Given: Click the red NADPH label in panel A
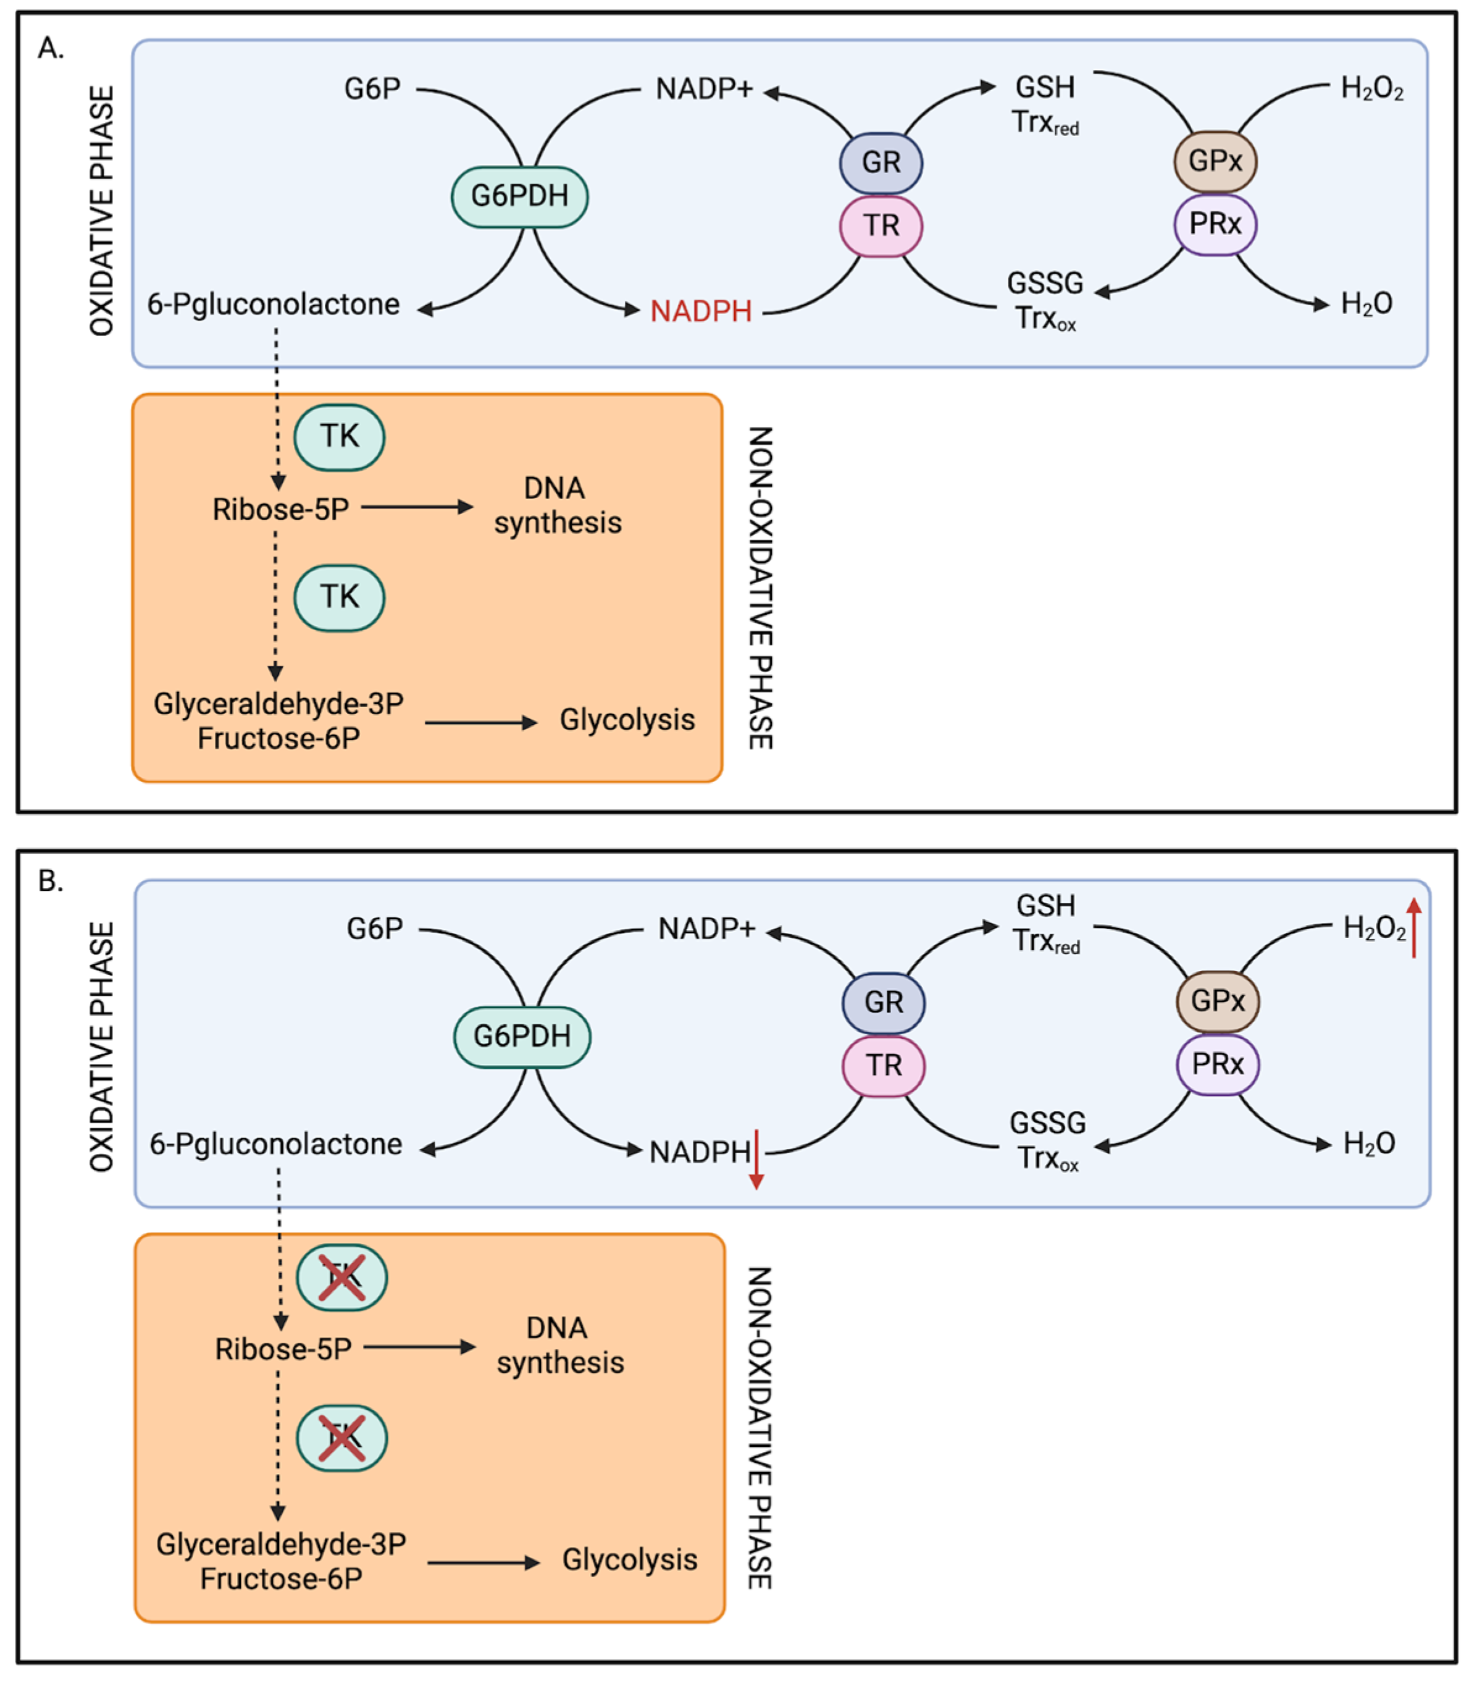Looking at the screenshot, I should tap(701, 311).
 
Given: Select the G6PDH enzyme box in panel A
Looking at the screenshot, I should tap(520, 197).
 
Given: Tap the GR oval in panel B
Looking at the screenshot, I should tap(884, 1002).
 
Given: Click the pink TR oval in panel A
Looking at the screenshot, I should tap(881, 225).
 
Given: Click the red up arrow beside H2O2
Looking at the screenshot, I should tap(1414, 927).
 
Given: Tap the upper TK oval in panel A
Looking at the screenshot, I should tap(340, 437).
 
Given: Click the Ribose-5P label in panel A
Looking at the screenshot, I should tap(280, 510).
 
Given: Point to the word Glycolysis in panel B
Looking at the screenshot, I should tap(630, 1560).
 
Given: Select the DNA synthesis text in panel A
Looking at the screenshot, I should tap(558, 506).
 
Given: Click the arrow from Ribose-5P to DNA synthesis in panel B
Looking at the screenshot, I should tap(420, 1347).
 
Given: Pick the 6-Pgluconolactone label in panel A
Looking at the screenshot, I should tap(273, 305).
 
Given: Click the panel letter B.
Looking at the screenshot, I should tap(50, 881).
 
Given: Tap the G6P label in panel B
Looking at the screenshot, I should tap(375, 929).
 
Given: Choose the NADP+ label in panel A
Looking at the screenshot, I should tap(704, 88).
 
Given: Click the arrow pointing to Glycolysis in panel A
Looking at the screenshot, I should tap(481, 722).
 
